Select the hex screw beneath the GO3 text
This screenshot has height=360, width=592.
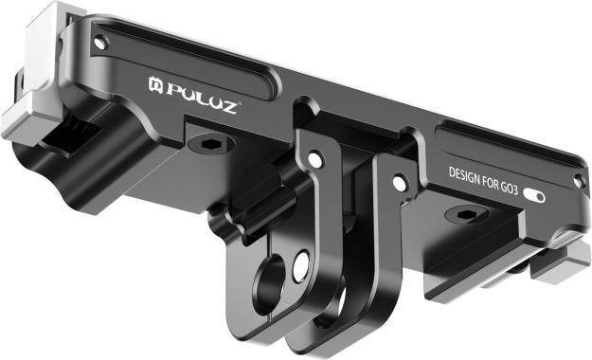pos(461,215)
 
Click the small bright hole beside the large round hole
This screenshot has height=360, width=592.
pos(301,266)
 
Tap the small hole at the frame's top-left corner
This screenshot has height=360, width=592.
pos(100,42)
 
